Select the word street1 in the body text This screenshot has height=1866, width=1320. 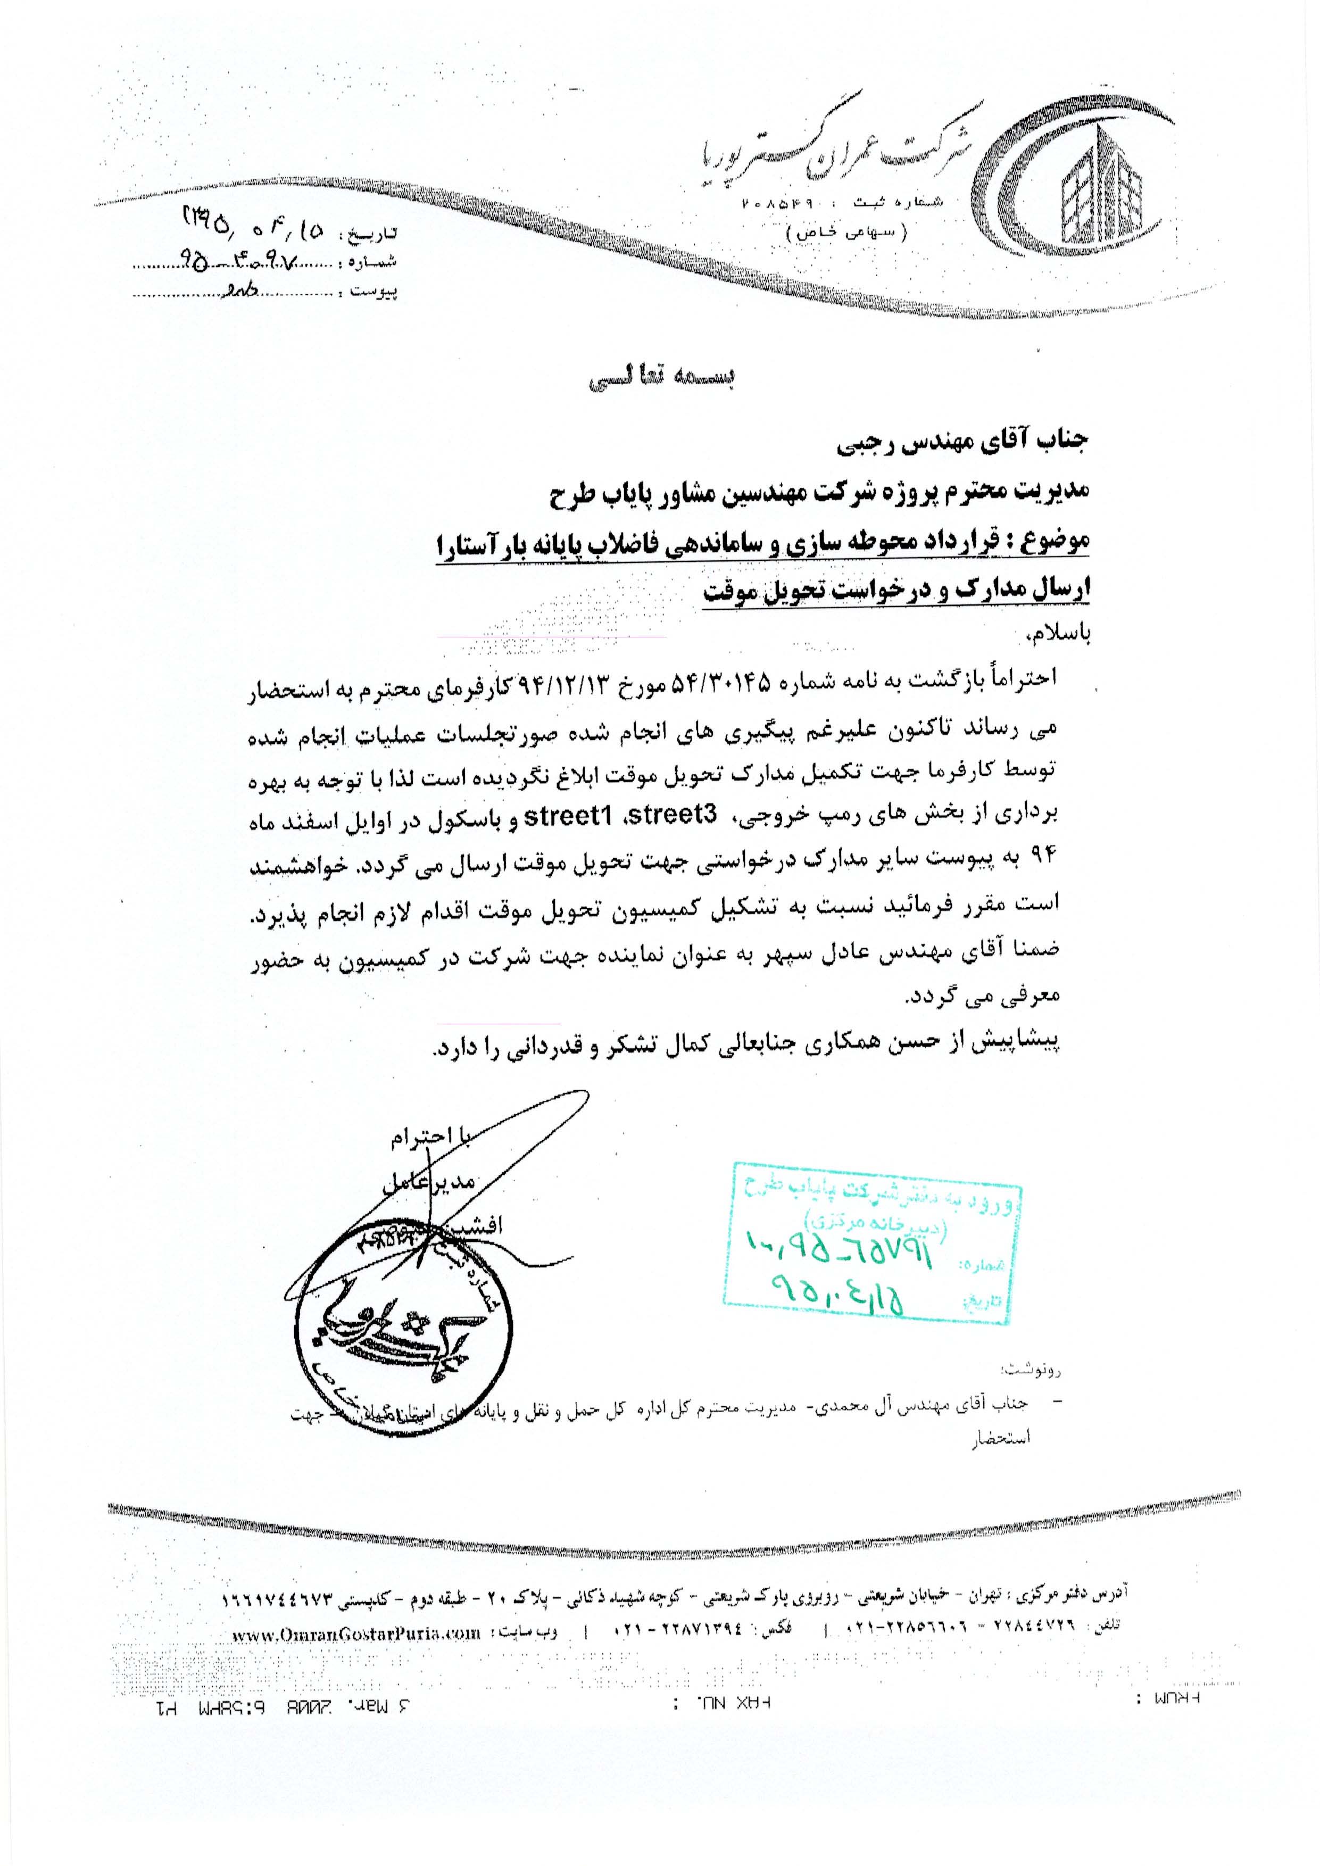(x=570, y=817)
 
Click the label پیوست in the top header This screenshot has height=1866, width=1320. (x=374, y=291)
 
